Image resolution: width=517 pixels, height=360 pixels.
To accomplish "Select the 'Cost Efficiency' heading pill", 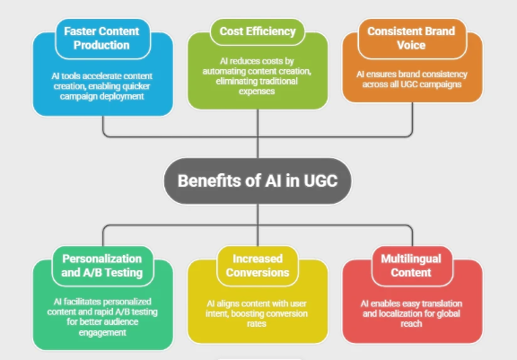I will (258, 31).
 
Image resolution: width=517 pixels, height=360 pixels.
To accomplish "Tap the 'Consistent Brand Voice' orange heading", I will (413, 39).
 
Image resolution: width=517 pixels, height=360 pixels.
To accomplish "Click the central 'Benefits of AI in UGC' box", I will (258, 180).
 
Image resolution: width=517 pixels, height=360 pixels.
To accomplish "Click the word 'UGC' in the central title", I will (317, 180).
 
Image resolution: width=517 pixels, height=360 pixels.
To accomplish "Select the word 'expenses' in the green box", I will (258, 92).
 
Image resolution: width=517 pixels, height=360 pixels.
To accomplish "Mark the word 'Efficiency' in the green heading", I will (271, 31).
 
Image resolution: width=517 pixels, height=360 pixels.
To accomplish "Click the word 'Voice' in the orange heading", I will (413, 45).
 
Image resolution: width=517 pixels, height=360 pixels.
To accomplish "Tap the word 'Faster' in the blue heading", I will (81, 31).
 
